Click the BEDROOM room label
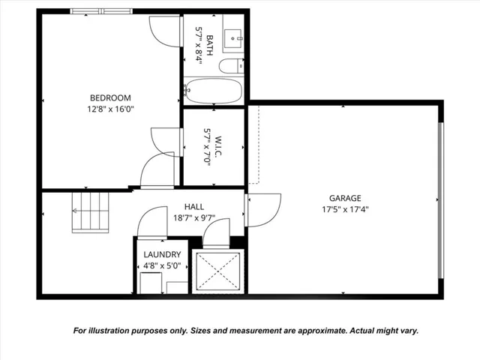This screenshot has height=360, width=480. pyautogui.click(x=110, y=97)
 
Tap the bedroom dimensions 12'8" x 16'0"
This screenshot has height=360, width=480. pyautogui.click(x=110, y=109)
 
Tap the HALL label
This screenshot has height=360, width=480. pyautogui.click(x=194, y=207)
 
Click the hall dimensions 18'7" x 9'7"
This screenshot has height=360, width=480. pyautogui.click(x=194, y=217)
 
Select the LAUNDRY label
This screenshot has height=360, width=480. pyautogui.click(x=162, y=254)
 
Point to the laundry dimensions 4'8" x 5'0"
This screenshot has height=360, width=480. pyautogui.click(x=162, y=265)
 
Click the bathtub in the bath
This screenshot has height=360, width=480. pyautogui.click(x=214, y=91)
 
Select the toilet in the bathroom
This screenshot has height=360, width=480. pyautogui.click(x=231, y=65)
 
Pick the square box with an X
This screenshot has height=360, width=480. pyautogui.click(x=217, y=271)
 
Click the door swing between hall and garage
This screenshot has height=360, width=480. pyautogui.click(x=262, y=210)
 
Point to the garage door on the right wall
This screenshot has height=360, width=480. pyautogui.click(x=441, y=199)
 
